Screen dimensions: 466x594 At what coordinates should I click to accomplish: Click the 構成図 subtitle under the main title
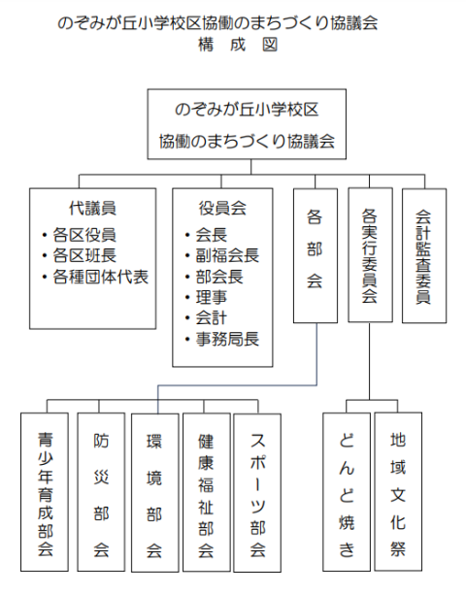238,45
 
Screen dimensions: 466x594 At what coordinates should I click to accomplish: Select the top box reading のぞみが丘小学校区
247,124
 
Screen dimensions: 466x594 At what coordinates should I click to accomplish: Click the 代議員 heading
92,208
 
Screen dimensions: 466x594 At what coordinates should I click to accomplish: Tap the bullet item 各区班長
80,255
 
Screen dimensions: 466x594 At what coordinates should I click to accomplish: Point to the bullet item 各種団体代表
95,277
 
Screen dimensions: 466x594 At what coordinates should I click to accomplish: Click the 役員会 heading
222,208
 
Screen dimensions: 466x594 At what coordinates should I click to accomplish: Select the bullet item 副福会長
222,255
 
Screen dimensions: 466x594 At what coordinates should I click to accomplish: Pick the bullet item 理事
207,297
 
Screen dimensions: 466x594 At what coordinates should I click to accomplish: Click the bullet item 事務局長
222,339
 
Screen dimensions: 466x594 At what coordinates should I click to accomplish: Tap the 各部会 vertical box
316,255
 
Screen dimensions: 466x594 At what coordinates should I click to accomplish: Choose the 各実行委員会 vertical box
370,255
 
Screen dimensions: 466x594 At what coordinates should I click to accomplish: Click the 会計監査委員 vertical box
424,255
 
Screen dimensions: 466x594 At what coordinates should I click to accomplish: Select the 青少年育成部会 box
45,492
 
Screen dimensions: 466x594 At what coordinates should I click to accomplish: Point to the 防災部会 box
101,492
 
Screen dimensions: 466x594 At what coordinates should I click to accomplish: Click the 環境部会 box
154,492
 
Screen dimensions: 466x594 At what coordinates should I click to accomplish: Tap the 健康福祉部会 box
207,492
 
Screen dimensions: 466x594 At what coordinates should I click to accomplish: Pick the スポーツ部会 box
257,492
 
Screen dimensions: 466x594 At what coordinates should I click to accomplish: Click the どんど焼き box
347,492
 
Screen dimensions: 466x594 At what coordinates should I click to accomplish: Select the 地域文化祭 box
398,491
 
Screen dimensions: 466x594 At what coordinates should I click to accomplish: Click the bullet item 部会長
215,277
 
